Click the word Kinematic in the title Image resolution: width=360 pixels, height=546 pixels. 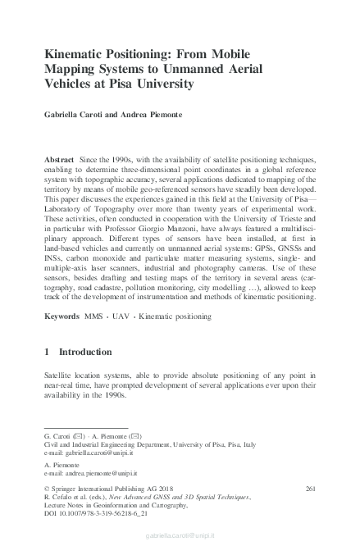pyautogui.click(x=75, y=53)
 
